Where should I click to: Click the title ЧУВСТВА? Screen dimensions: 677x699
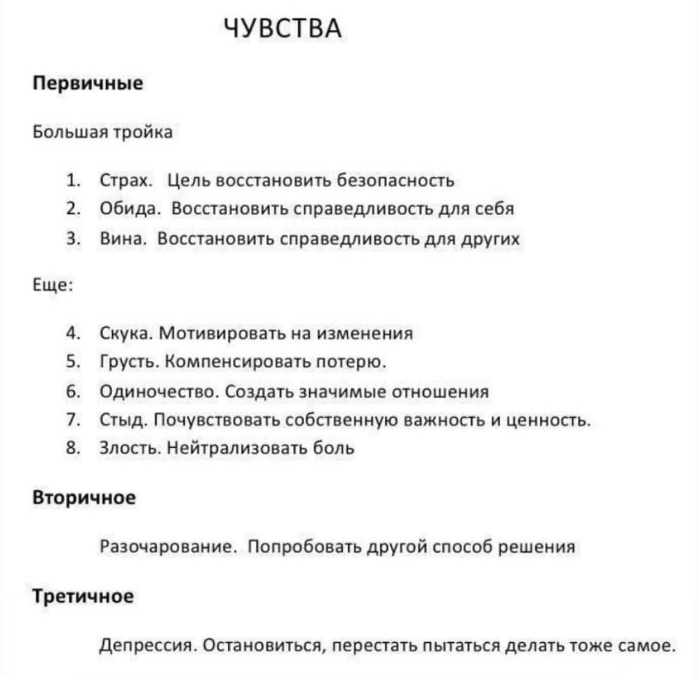point(283,28)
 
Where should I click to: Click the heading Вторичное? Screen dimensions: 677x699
point(84,497)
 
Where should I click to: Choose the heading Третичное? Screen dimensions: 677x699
point(83,596)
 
